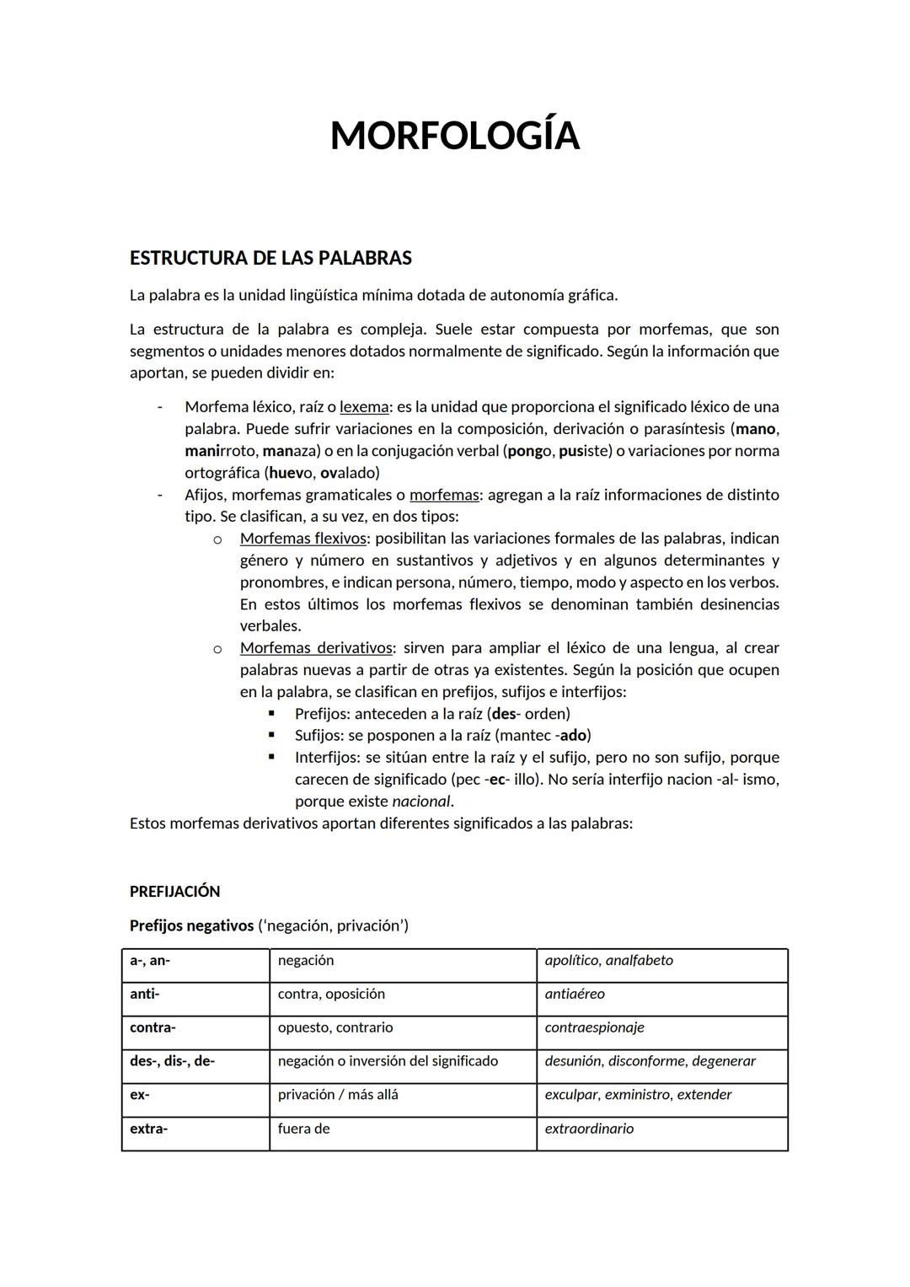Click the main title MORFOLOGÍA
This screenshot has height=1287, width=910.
454,136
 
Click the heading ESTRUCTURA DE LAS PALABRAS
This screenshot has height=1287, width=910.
270,258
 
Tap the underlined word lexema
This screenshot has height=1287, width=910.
364,407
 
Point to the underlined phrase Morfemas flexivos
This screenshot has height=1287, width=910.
302,539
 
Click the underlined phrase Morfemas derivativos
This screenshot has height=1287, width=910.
316,648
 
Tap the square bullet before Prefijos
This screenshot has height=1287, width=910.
271,713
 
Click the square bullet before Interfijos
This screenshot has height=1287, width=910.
271,757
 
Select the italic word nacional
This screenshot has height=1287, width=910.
420,802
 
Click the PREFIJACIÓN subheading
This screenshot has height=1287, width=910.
174,892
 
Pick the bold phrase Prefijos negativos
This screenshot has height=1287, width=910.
191,925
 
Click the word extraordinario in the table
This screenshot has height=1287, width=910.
589,1129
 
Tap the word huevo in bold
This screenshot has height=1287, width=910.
290,473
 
